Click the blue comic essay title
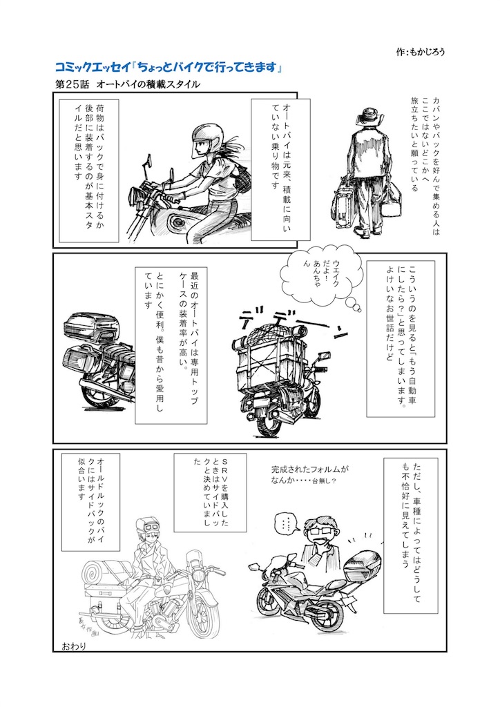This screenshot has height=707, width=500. pyautogui.click(x=169, y=67)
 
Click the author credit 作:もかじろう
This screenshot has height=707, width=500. pyautogui.click(x=420, y=52)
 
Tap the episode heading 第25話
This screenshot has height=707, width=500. pyautogui.click(x=72, y=84)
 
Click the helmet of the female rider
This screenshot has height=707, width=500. pyautogui.click(x=204, y=139)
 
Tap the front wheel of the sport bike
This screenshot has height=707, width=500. pyautogui.click(x=273, y=601)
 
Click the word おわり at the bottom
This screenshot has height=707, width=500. pyautogui.click(x=73, y=646)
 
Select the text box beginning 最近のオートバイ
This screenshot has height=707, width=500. pyautogui.click(x=171, y=345)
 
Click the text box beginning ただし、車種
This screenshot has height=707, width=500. pyautogui.click(x=411, y=536)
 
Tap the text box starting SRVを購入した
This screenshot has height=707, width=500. pyautogui.click(x=210, y=492)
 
